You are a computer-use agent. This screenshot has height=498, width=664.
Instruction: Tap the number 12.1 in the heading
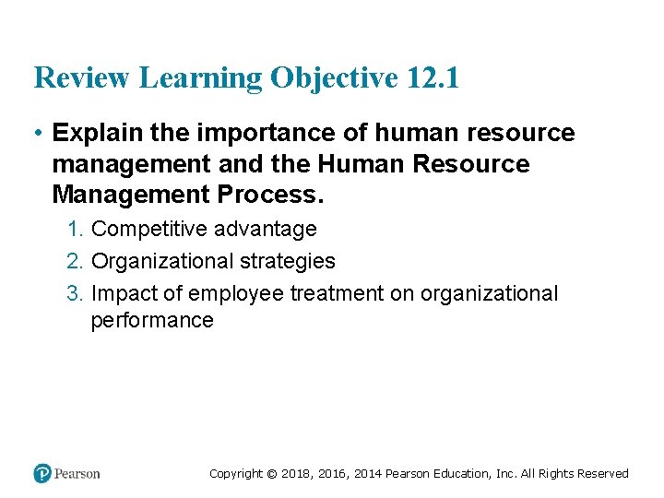pos(431,78)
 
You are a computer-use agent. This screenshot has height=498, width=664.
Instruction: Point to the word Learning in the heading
pos(200,78)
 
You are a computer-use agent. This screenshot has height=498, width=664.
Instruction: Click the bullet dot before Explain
pos(38,134)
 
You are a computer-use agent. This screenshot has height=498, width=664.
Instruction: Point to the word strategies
pos(288,262)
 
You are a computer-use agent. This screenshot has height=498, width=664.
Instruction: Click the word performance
pos(152,321)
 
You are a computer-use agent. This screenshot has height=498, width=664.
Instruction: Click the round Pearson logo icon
pos(42,474)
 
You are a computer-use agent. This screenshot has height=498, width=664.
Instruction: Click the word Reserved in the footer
pos(602,474)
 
